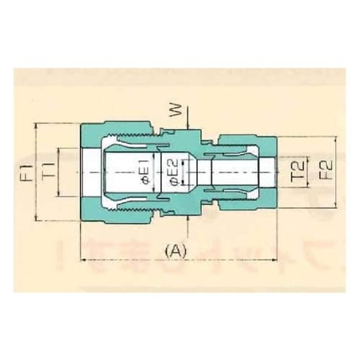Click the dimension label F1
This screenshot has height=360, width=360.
pos(27,173)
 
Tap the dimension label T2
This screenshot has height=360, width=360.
pos(296,171)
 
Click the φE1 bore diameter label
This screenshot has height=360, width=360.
pos(143,172)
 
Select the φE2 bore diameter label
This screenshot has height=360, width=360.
pos(173,173)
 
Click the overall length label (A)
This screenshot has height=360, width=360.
pos(176,251)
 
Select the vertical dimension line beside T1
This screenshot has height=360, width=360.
pos(58,173)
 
